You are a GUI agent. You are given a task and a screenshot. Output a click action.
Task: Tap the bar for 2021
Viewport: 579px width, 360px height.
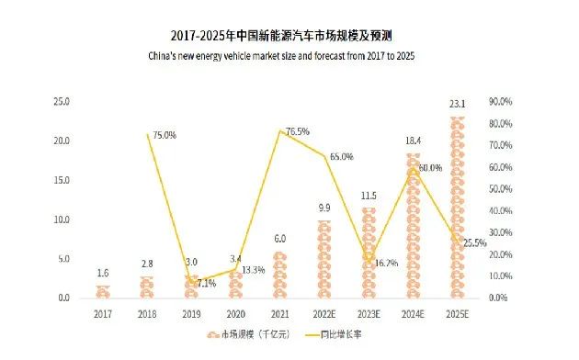click(x=279, y=275)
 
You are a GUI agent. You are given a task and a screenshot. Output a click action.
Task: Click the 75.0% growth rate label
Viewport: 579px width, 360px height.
click(x=163, y=135)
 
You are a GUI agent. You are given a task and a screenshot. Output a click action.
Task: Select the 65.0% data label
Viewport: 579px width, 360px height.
click(x=341, y=157)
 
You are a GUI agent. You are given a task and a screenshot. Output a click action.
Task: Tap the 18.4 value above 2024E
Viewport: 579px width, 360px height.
click(x=413, y=141)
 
